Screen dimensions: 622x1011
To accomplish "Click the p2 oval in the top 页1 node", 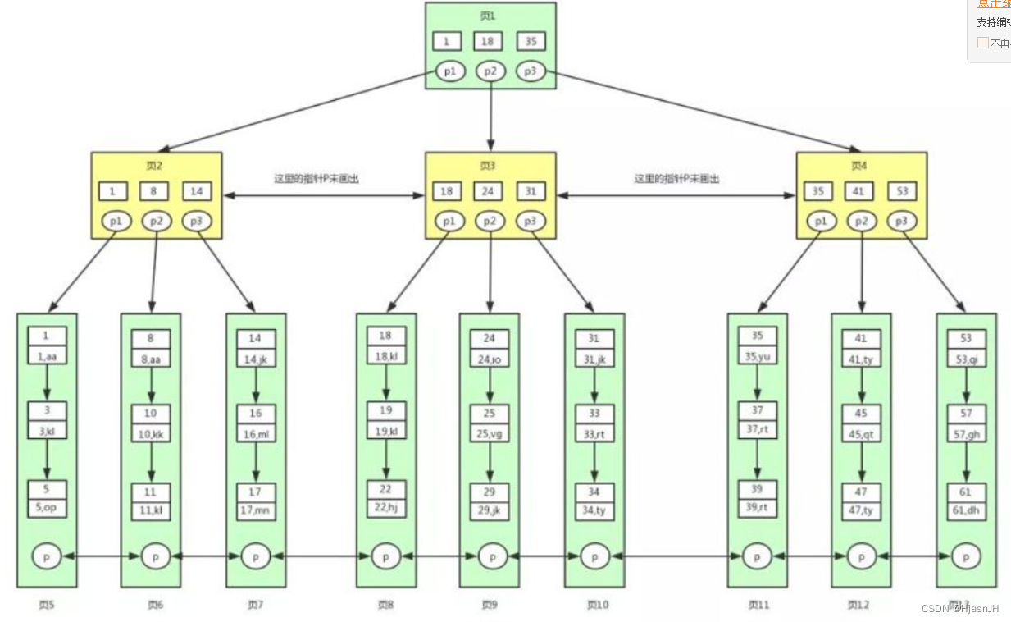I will coord(490,71).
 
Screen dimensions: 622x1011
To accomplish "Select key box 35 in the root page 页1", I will coord(531,41).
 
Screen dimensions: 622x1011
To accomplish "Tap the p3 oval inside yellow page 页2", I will coord(196,222).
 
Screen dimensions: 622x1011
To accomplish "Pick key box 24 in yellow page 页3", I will coord(489,191).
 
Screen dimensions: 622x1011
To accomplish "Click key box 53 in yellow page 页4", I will coord(901,191).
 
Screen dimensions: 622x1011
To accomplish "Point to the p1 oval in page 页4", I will coord(819,222).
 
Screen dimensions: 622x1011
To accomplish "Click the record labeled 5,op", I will coord(47,507).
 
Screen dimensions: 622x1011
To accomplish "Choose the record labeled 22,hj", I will coord(385,507).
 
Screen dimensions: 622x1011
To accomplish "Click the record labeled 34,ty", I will coord(594,510).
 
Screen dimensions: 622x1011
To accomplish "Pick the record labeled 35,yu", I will coord(757,356).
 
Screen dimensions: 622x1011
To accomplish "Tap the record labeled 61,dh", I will coord(966,510).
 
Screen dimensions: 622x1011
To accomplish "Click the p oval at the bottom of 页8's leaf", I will coord(385,556).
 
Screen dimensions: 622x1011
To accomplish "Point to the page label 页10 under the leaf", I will coord(597,605).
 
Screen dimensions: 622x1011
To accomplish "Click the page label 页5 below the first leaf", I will coord(46,605).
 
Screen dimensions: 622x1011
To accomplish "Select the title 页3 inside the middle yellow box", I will coord(488,166).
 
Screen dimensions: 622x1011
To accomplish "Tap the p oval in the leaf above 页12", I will coord(861,556).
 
